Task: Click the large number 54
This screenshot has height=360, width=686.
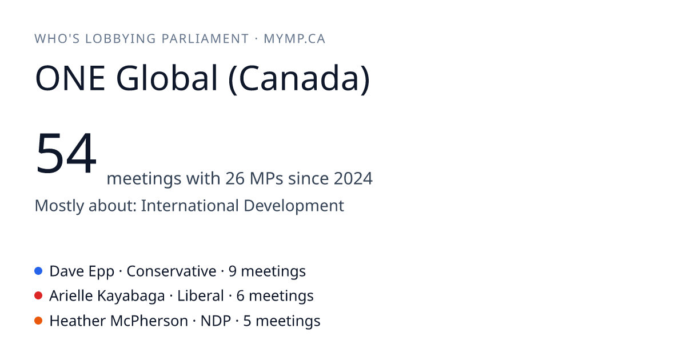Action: click(66, 153)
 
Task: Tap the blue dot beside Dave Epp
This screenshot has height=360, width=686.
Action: click(38, 271)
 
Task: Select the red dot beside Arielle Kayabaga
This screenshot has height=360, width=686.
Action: click(38, 296)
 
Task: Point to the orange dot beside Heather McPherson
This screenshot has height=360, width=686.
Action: click(38, 321)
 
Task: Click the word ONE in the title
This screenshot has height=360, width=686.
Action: click(70, 78)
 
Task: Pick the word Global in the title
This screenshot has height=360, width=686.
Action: click(167, 78)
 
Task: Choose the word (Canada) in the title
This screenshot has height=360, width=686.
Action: click(299, 79)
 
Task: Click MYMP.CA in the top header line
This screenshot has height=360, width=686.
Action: click(294, 39)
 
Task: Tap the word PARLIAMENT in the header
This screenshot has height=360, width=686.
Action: click(205, 39)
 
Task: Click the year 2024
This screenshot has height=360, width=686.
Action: click(353, 178)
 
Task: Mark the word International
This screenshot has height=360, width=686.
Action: click(190, 205)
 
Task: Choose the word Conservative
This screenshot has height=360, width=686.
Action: click(171, 271)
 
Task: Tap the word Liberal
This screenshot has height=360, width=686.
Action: click(201, 296)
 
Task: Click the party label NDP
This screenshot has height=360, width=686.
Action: click(216, 321)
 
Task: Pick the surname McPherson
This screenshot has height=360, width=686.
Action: click(149, 321)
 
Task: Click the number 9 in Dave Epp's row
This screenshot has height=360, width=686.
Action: click(233, 271)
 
